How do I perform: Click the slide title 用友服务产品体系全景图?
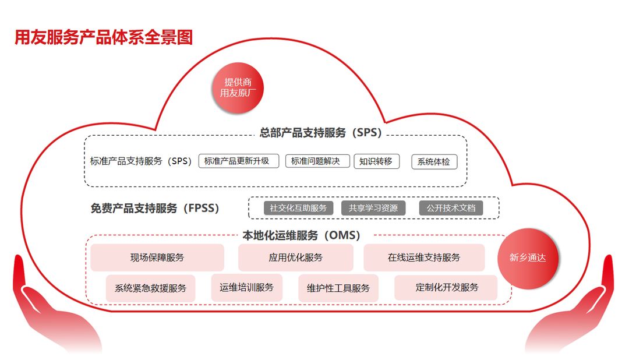(x=104, y=38)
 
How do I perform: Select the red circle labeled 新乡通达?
(x=528, y=257)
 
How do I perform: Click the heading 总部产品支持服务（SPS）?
(x=321, y=133)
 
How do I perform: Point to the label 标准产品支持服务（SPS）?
(x=141, y=161)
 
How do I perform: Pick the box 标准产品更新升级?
(x=239, y=161)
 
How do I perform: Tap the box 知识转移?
(x=376, y=161)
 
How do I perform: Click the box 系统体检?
(x=434, y=162)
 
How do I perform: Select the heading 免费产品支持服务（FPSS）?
(x=156, y=208)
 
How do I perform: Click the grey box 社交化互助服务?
(x=298, y=208)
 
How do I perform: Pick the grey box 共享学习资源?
(x=373, y=208)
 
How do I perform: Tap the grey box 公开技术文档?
(x=451, y=208)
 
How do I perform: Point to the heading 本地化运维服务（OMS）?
(x=302, y=236)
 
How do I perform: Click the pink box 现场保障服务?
(x=157, y=257)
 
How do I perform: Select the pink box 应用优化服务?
(x=295, y=257)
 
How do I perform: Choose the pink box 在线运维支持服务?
(x=424, y=257)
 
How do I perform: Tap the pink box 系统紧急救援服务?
(x=150, y=288)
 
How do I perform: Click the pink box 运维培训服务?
(x=246, y=287)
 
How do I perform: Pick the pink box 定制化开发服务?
(x=446, y=287)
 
